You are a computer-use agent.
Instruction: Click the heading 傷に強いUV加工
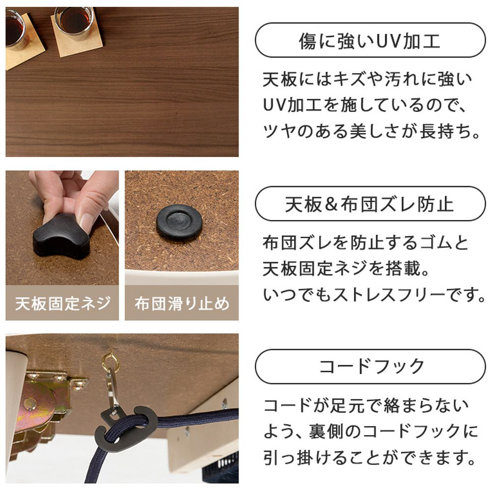pyautogui.click(x=370, y=41)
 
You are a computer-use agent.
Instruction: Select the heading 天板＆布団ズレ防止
pyautogui.click(x=370, y=204)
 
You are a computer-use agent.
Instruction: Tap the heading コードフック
pyautogui.click(x=371, y=366)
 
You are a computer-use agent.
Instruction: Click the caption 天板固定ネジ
pyautogui.click(x=63, y=303)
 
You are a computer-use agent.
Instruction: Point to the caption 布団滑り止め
pyautogui.click(x=182, y=303)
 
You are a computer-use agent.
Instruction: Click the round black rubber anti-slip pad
pyautogui.click(x=179, y=222)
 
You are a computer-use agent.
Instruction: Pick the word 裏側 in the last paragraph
pyautogui.click(x=326, y=432)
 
